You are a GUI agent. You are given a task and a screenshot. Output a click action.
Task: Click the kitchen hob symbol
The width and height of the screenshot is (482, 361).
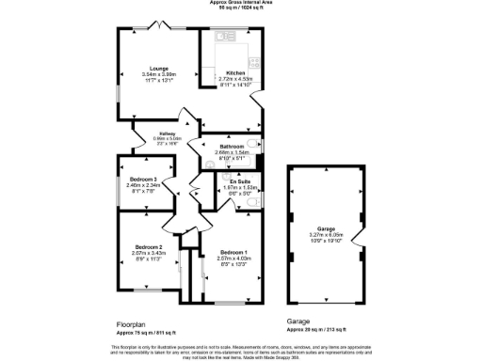254,56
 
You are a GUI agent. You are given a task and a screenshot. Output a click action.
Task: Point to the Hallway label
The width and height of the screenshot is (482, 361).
167,133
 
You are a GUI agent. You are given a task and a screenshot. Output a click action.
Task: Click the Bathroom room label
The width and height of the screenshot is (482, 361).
232,147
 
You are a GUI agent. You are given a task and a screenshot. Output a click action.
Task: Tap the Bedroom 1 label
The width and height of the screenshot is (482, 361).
233,253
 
